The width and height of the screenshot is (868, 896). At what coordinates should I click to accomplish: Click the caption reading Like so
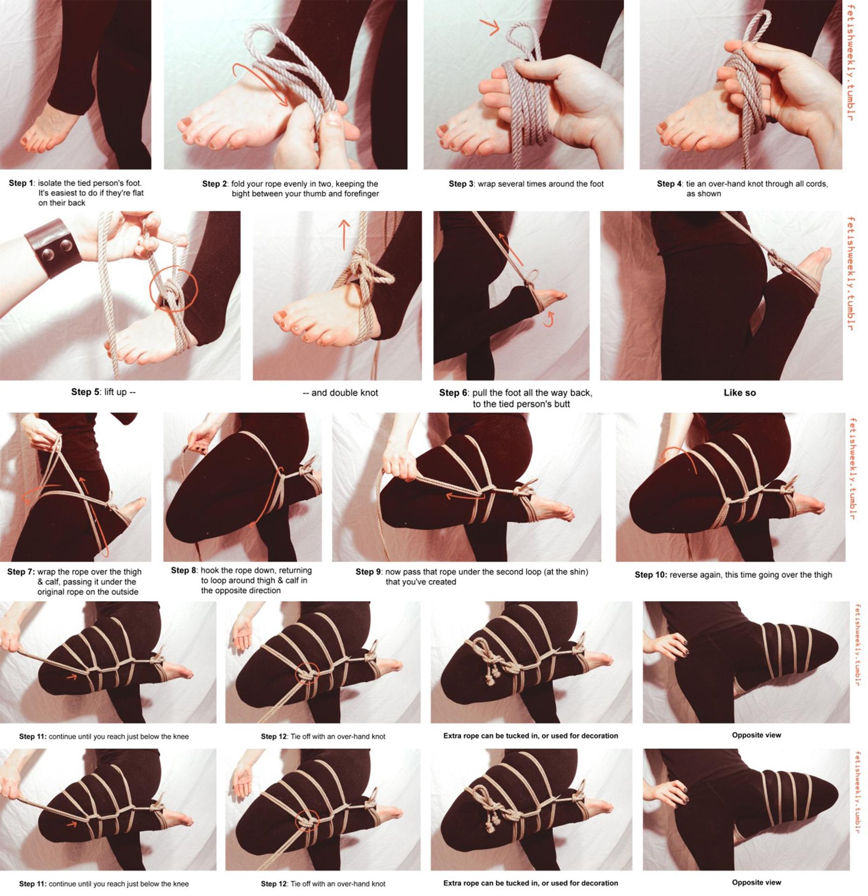coord(740,393)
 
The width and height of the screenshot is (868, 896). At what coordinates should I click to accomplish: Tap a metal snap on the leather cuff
coord(48,255)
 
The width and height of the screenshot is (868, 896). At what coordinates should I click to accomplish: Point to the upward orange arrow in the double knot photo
coord(344,234)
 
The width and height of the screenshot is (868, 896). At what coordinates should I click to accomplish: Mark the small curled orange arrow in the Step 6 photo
coord(550,320)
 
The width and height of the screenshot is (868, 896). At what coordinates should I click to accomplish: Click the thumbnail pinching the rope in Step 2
coord(333,119)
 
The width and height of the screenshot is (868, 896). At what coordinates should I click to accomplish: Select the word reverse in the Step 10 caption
coord(684,575)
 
